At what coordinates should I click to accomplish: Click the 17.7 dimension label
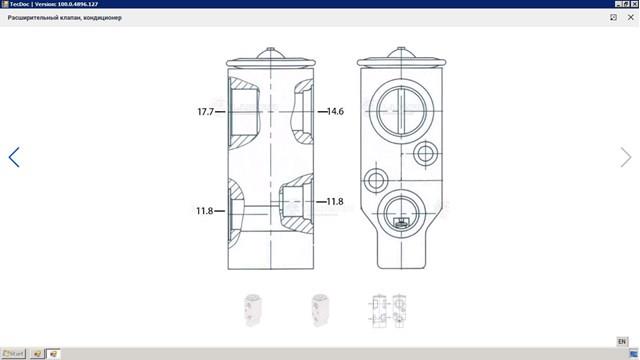point(206,111)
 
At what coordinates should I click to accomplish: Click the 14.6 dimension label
point(335,111)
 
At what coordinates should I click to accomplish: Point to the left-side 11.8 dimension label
point(204,211)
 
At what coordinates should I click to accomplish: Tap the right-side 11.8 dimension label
point(335,202)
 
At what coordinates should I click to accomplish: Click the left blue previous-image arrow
point(14,157)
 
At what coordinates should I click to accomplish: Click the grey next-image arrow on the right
point(626,157)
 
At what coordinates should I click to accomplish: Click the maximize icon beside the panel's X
point(613,17)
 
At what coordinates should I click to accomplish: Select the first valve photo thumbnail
point(253,310)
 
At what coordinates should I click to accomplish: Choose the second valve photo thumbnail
point(320,310)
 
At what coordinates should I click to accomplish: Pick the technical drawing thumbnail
point(387,311)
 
